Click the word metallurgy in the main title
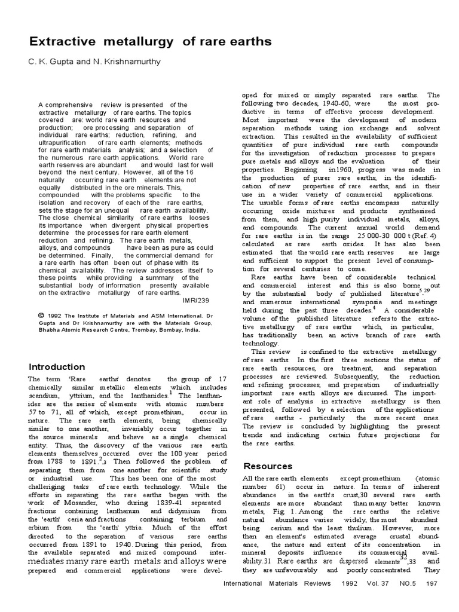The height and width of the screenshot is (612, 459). click(123, 42)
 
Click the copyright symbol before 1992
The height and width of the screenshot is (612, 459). click(40, 315)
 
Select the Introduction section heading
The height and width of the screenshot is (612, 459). click(57, 367)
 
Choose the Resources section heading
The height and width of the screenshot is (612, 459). click(267, 466)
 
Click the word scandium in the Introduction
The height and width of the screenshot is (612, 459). click(44, 396)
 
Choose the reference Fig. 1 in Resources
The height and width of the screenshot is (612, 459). click(281, 512)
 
